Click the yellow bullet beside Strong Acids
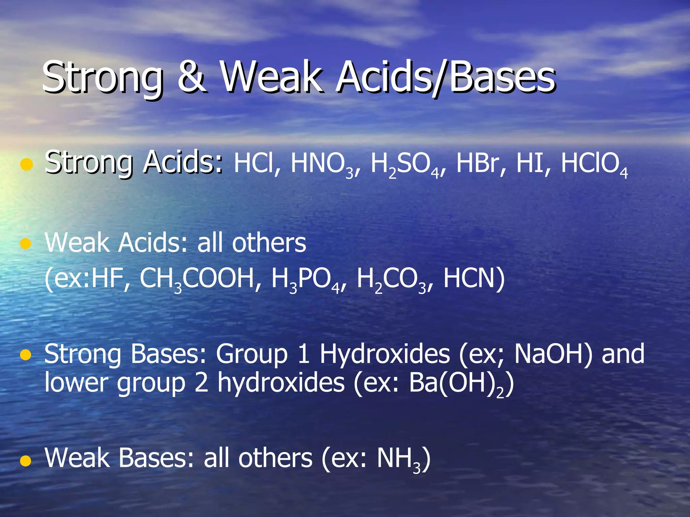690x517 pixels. click(26, 165)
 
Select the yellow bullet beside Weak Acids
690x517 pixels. click(26, 243)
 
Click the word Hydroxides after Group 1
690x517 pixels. click(384, 355)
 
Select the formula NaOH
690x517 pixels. click(553, 354)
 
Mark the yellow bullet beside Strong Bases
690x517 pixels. click(26, 355)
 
